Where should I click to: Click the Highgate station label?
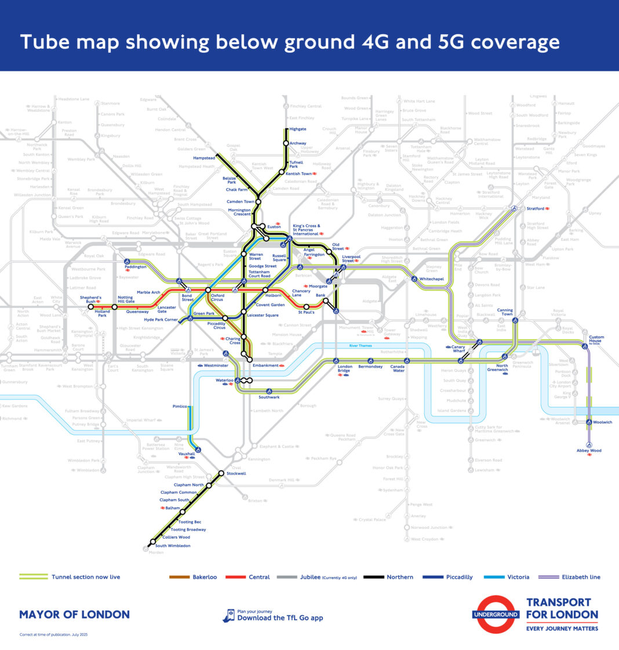pos(297,129)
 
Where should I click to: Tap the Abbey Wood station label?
pos(589,451)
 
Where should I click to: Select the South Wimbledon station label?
pos(173,546)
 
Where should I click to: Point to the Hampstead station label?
pos(204,158)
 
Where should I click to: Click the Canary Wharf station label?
pos(459,349)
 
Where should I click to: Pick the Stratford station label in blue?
pos(536,209)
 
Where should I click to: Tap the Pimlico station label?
pos(180,406)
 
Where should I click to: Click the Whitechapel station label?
pos(432,279)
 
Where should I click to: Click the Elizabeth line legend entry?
pos(580,577)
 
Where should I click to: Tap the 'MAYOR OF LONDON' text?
pos(74,614)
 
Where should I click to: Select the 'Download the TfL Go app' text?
pos(280,618)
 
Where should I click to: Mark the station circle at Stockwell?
pos(221,473)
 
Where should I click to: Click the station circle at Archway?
pos(286,143)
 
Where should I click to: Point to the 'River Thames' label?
pos(361,346)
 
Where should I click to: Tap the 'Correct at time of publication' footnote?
pos(53,634)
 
